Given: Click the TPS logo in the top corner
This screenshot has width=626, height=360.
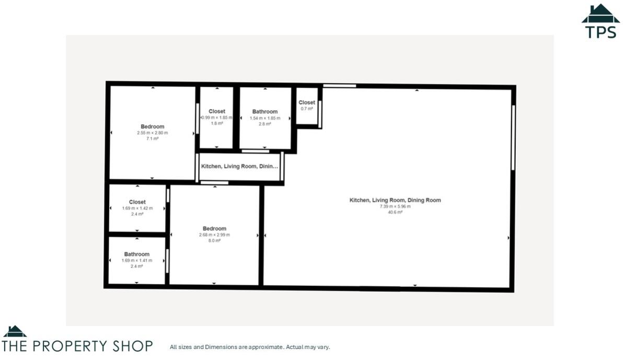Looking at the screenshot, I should click(600, 21).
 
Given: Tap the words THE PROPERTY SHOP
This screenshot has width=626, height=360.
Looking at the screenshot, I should click(77, 346).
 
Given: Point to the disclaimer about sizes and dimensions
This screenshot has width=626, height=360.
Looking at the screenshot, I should click(250, 347).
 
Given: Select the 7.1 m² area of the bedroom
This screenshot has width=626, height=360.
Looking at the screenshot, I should click(152, 139).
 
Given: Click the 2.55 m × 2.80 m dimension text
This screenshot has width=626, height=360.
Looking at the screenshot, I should click(152, 133).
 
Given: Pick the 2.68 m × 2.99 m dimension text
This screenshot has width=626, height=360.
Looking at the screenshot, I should click(214, 235).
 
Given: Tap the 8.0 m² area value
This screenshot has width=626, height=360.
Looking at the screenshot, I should click(214, 241).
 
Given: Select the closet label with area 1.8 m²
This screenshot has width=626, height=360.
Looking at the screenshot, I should click(217, 111).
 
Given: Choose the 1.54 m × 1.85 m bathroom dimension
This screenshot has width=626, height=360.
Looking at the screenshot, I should click(265, 118).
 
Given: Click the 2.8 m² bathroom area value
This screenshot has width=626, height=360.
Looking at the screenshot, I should click(265, 124).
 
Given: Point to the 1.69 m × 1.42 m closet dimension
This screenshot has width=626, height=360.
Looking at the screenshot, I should click(137, 208).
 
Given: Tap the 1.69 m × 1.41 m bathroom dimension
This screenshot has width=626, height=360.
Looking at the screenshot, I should click(137, 260).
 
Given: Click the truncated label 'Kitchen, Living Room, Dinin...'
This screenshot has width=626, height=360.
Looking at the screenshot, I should click(239, 167).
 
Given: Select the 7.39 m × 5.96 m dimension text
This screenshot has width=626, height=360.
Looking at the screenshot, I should click(395, 206).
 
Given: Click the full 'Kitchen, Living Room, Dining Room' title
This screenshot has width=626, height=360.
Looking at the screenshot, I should click(395, 200).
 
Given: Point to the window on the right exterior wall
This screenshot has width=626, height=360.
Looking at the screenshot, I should click(513, 138).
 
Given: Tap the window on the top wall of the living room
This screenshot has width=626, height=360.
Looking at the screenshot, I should click(339, 86).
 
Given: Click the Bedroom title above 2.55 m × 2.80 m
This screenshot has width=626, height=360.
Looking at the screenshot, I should click(152, 126).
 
